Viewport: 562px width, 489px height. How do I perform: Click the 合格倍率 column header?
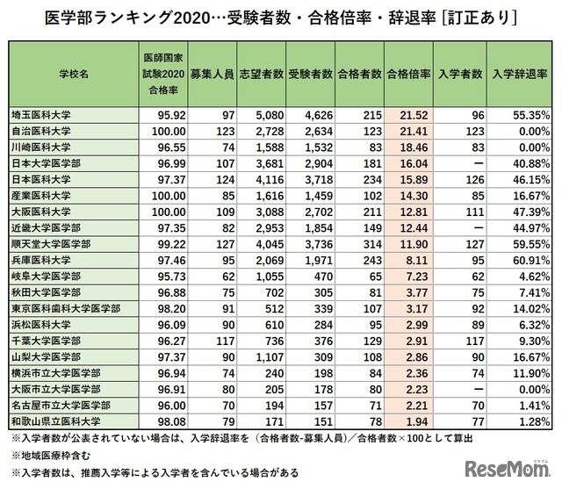click(x=407, y=76)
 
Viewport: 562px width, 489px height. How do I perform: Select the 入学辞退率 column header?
click(x=522, y=76)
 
